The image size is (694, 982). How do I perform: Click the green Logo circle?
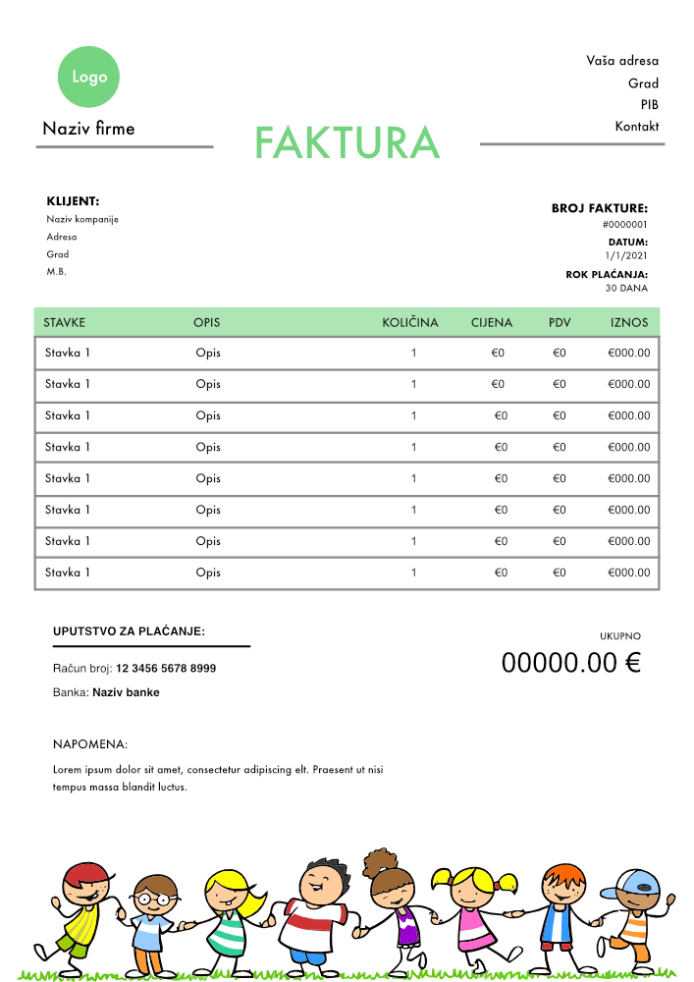(x=89, y=76)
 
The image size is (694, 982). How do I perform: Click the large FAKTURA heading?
(x=347, y=143)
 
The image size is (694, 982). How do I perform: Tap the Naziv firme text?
(x=88, y=129)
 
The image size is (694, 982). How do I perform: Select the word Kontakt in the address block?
(x=637, y=127)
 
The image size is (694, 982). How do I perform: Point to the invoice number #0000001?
(x=625, y=225)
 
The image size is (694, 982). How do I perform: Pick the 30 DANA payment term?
(x=627, y=289)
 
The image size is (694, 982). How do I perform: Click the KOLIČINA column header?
(x=410, y=322)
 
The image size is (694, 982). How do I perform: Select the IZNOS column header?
(x=629, y=322)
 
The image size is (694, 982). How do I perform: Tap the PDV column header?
(x=560, y=322)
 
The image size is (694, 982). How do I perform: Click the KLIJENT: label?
(x=73, y=201)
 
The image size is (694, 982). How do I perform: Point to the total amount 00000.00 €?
(x=570, y=663)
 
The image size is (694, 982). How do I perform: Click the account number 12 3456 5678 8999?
(x=166, y=669)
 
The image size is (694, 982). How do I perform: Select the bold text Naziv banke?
(x=126, y=692)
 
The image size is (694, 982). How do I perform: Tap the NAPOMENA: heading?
(x=90, y=745)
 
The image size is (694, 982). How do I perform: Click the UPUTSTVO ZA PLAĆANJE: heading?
(x=129, y=631)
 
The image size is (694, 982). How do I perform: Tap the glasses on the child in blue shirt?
(x=153, y=898)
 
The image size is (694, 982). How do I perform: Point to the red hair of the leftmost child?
(x=86, y=871)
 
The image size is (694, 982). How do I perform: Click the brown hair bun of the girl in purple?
(x=378, y=862)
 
